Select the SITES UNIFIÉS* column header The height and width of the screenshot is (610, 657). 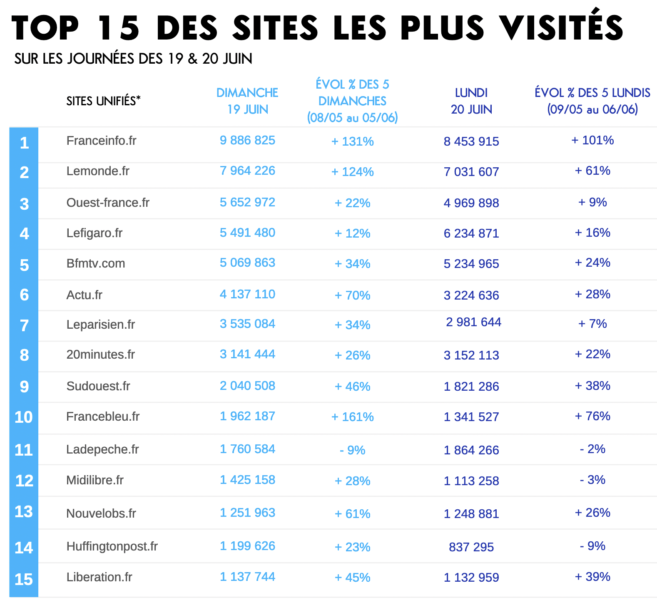pos(103,101)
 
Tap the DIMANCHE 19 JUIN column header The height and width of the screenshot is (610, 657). pos(247,101)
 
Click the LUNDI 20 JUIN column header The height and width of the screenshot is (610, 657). pos(471,101)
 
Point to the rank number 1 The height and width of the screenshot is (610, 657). pos(24,143)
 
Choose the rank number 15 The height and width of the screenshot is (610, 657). pos(24,579)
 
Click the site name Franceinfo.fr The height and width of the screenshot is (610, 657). pos(101,141)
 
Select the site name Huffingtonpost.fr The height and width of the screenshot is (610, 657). pos(112,546)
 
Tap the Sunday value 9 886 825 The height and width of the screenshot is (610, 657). pos(247,140)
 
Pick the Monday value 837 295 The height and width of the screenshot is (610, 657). pos(471,547)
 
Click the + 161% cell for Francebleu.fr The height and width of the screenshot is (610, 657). pos(352,417)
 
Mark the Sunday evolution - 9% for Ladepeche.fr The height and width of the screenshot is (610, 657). pos(352,450)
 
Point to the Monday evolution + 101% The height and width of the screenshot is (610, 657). pos(592,140)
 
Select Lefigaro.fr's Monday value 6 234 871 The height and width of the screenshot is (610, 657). pos(471,233)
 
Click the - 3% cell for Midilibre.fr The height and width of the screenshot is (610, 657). pos(592,480)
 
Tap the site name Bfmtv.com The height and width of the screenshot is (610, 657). pos(96,263)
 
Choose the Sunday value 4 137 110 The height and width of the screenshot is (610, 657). pos(247,294)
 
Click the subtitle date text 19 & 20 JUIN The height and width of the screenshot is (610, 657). pos(210,59)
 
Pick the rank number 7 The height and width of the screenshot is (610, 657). pos(24,325)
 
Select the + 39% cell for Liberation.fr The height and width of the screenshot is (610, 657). pos(592,577)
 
